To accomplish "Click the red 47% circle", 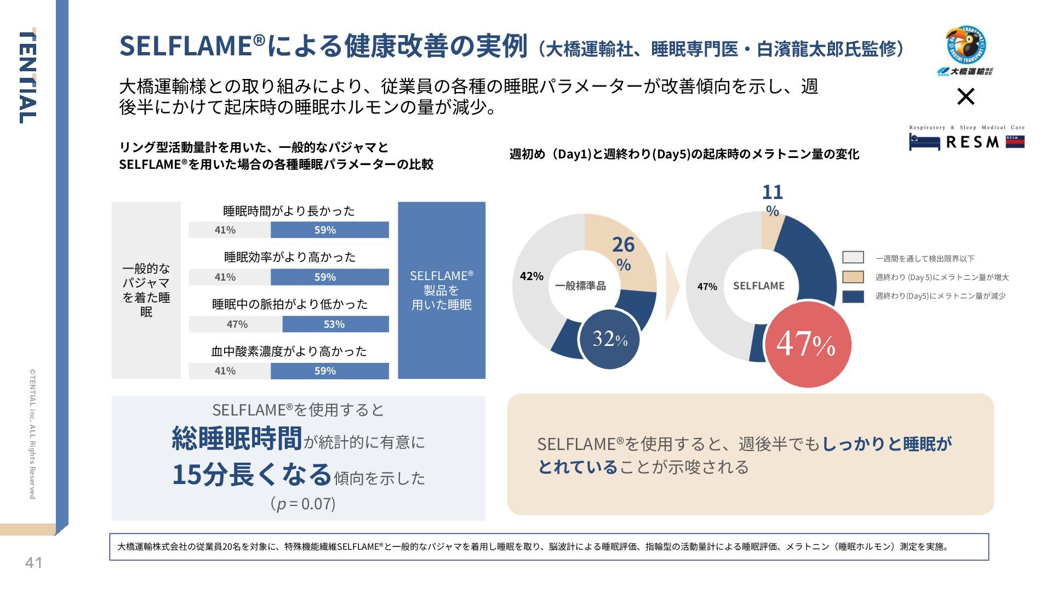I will point(807,344).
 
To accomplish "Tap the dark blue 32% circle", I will point(609,339).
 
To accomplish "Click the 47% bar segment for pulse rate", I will point(236,324).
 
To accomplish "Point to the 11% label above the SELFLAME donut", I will point(773,200).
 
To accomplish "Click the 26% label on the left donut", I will point(624,253).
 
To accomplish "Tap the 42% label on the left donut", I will point(531,276).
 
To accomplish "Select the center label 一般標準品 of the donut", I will point(580,286).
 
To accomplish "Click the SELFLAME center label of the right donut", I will point(758,286).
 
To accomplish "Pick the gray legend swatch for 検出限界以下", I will point(853,258).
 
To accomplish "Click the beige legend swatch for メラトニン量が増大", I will point(853,277).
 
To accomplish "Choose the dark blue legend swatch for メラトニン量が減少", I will point(853,296).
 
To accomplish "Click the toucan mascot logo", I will point(965,45).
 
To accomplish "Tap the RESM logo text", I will point(972,142).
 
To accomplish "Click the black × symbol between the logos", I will point(965,97).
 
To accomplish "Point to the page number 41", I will point(33,562).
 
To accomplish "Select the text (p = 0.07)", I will point(302,503).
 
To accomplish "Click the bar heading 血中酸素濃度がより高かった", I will point(289,351).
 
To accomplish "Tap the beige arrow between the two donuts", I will point(672,286).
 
